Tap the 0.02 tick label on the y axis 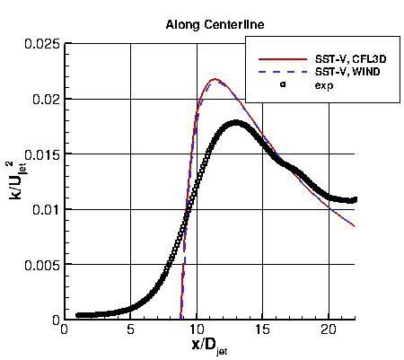(43, 99)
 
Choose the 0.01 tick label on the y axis (43, 209)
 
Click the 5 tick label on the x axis (130, 329)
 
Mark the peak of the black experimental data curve (236, 123)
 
